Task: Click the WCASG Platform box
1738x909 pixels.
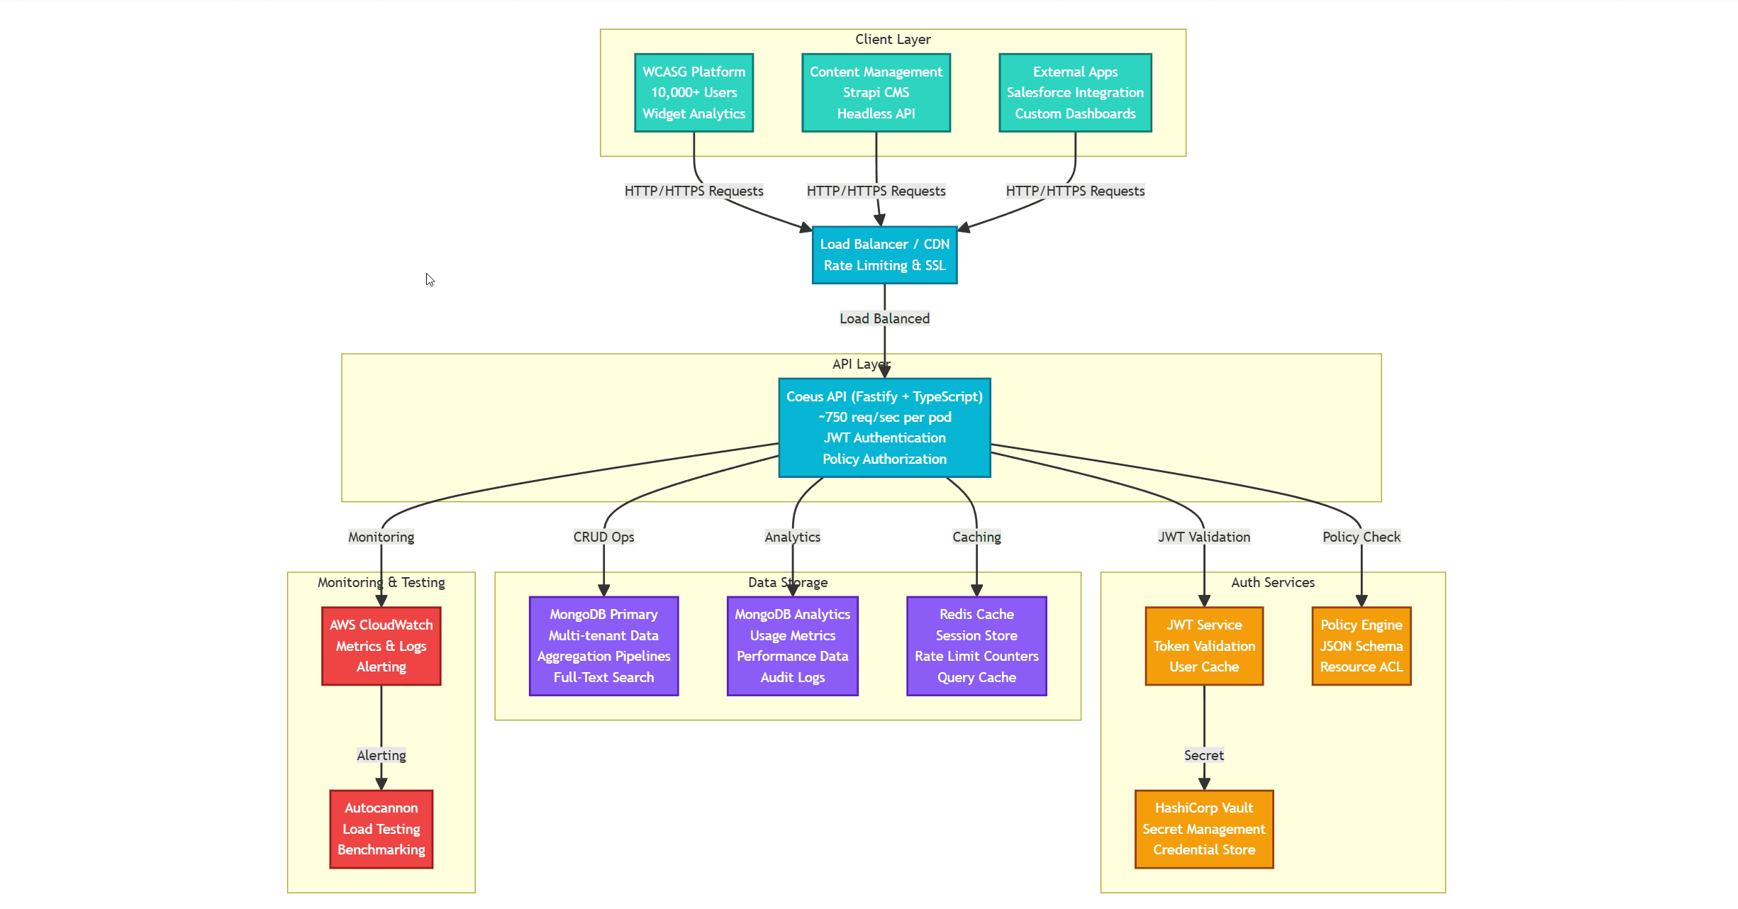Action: pyautogui.click(x=693, y=93)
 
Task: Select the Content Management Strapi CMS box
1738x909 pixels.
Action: pyautogui.click(x=876, y=93)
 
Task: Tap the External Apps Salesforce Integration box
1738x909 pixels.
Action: pyautogui.click(x=1075, y=93)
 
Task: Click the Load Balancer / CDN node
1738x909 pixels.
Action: pyautogui.click(x=884, y=255)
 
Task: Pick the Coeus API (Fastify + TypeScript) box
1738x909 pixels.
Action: pyautogui.click(x=884, y=428)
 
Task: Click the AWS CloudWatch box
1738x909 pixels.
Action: pyautogui.click(x=381, y=646)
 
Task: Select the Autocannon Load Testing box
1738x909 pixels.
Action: pyautogui.click(x=381, y=829)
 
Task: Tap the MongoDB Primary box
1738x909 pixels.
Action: pyautogui.click(x=603, y=646)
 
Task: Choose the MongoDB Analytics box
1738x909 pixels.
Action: pyautogui.click(x=792, y=646)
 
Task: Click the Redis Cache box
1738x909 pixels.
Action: pyautogui.click(x=976, y=646)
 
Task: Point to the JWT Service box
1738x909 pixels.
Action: pyautogui.click(x=1204, y=646)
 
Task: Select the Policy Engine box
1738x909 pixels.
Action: pyautogui.click(x=1361, y=646)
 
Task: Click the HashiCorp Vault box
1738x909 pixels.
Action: pyautogui.click(x=1204, y=829)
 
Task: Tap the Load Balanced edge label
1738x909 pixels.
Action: pyautogui.click(x=884, y=319)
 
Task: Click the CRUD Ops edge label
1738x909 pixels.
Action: pyautogui.click(x=603, y=537)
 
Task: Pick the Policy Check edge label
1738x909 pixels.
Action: pyautogui.click(x=1361, y=537)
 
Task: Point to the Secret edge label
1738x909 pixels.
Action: pyautogui.click(x=1204, y=755)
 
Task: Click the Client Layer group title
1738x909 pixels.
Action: pyautogui.click(x=892, y=40)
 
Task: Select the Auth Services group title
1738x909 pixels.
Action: pyautogui.click(x=1273, y=582)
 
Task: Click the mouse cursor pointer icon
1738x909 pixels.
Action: pyautogui.click(x=430, y=279)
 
